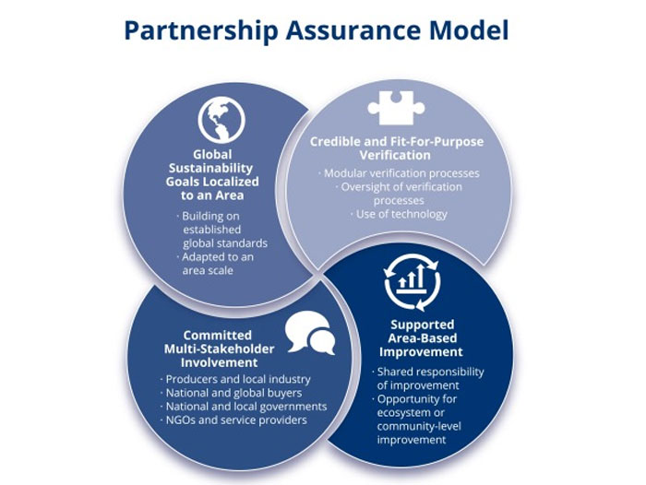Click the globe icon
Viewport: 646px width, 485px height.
click(221, 118)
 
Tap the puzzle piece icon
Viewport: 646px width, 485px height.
click(396, 109)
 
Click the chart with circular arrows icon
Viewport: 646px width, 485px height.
click(413, 282)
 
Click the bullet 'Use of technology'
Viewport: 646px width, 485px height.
click(399, 214)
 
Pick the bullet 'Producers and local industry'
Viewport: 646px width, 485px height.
click(237, 379)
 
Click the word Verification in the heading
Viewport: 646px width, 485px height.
click(397, 156)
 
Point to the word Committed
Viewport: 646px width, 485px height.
click(219, 334)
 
